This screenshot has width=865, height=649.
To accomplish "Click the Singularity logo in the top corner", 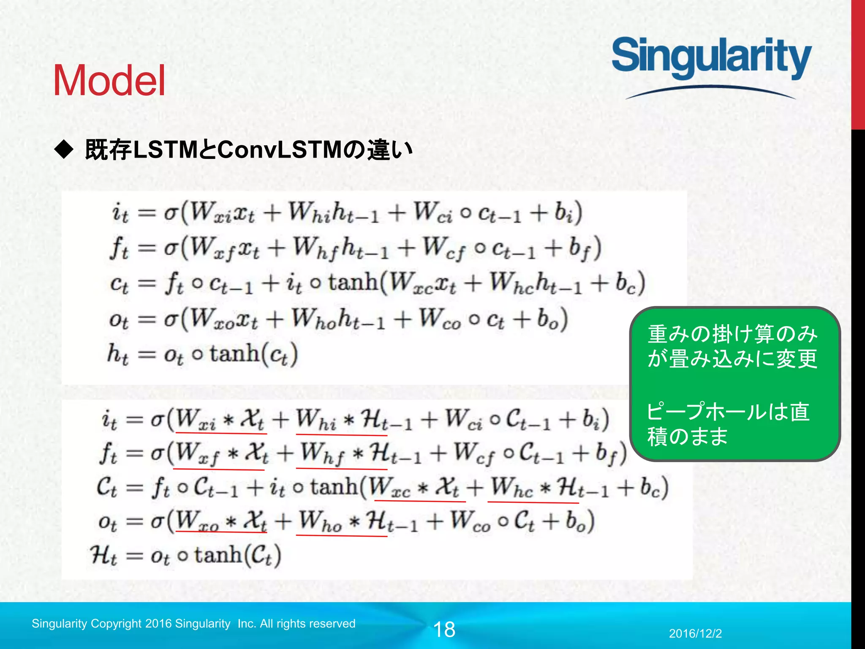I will click(711, 59).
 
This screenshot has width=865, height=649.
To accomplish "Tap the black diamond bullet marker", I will click(64, 150).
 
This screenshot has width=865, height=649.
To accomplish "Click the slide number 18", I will click(444, 630).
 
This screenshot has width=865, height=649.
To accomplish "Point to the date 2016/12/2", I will click(695, 633).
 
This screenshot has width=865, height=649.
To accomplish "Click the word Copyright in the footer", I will click(116, 624).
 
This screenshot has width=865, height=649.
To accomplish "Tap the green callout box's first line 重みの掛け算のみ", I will click(732, 334).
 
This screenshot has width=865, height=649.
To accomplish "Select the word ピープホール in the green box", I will click(693, 412).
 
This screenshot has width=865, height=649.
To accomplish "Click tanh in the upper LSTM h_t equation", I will click(234, 354).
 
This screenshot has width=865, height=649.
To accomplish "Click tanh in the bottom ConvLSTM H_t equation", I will click(218, 555).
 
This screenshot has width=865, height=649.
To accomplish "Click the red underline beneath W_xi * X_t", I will click(221, 434).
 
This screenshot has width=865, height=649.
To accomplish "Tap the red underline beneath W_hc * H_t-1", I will click(533, 502).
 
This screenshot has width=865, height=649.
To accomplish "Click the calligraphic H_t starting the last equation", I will click(103, 556).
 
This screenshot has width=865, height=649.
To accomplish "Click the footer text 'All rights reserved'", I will click(307, 624).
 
